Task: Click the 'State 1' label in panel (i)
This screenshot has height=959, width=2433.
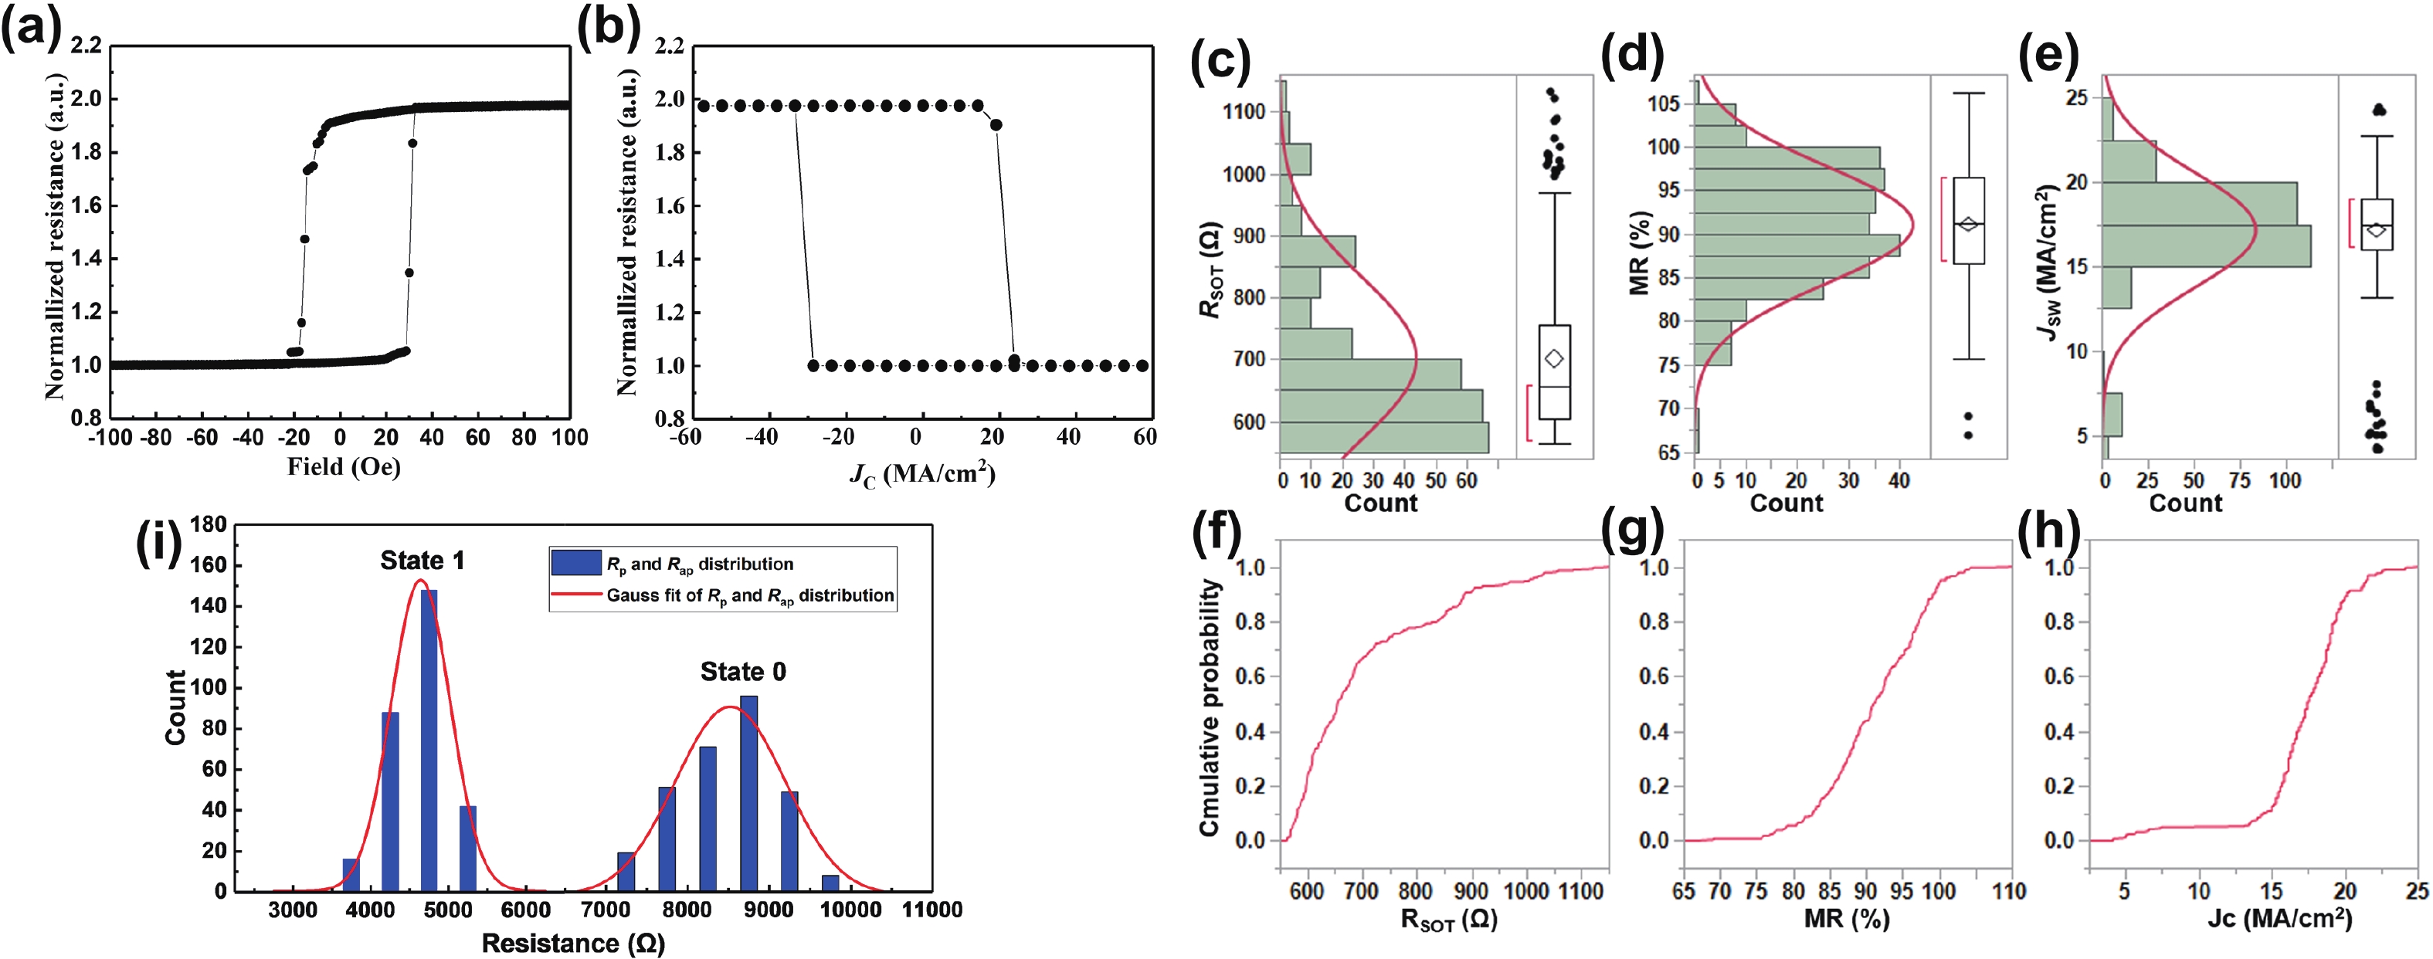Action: pos(422,561)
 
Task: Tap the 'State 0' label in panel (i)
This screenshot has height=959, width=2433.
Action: pos(742,671)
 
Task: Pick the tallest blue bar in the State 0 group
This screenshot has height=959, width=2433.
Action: pos(749,793)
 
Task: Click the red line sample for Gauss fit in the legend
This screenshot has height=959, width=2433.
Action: pos(576,595)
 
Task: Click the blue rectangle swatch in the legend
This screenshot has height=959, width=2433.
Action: pos(576,564)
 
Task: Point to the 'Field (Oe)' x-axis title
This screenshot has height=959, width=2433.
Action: pos(344,466)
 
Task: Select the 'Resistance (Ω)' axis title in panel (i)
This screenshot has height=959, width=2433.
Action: pos(573,943)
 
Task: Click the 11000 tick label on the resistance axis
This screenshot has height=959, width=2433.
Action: pos(931,910)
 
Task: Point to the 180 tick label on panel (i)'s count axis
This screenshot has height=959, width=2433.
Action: pos(208,525)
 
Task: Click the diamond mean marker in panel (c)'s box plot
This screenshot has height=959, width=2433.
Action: pos(1554,359)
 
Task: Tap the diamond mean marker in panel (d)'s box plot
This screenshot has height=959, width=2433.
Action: pos(1968,224)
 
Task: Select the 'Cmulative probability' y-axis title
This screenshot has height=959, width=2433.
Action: pos(1209,708)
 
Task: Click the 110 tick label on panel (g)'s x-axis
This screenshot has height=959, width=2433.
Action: pos(2008,891)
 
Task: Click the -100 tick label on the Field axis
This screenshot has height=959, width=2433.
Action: pos(110,437)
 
